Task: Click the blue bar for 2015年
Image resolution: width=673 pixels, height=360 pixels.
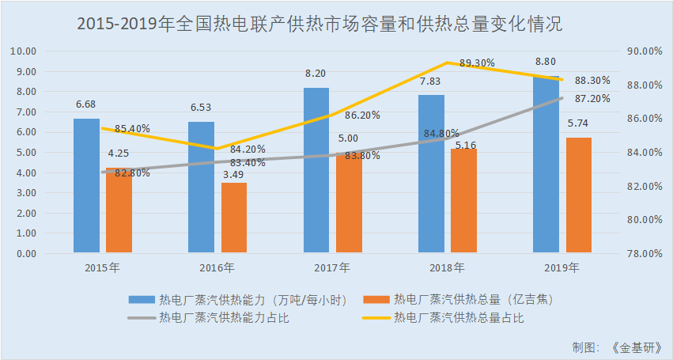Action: [x=86, y=186]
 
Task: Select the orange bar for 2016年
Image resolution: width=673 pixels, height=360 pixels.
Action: [x=233, y=218]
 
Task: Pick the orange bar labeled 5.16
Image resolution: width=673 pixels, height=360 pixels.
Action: [x=464, y=201]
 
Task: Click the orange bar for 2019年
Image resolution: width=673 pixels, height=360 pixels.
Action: [x=579, y=195]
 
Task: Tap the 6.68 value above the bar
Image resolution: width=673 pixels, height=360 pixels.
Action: [x=86, y=104]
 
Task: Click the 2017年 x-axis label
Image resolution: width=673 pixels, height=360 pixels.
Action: [x=332, y=267]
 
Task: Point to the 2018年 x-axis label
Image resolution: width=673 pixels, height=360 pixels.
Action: [x=448, y=267]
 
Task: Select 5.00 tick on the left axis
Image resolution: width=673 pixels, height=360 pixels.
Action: [x=26, y=153]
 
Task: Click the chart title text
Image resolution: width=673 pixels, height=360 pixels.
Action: [x=319, y=24]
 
